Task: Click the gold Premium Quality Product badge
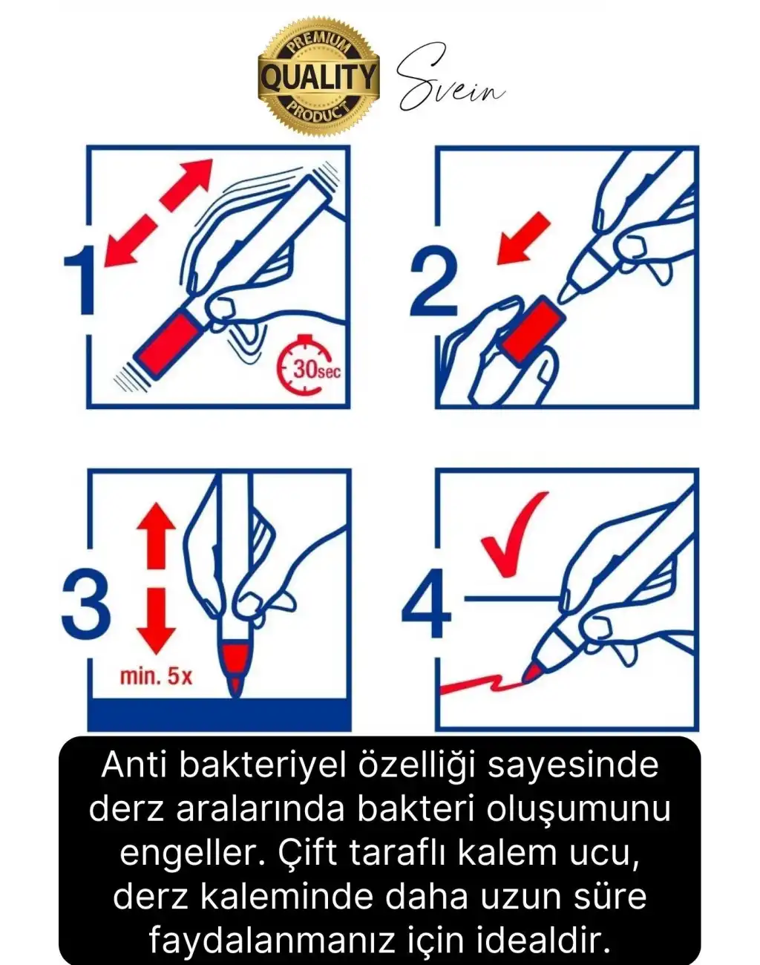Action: click(318, 76)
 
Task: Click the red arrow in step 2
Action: click(524, 238)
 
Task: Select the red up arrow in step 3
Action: click(156, 535)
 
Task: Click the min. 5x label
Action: click(156, 676)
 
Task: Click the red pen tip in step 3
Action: click(235, 664)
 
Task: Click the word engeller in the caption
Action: click(190, 853)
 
